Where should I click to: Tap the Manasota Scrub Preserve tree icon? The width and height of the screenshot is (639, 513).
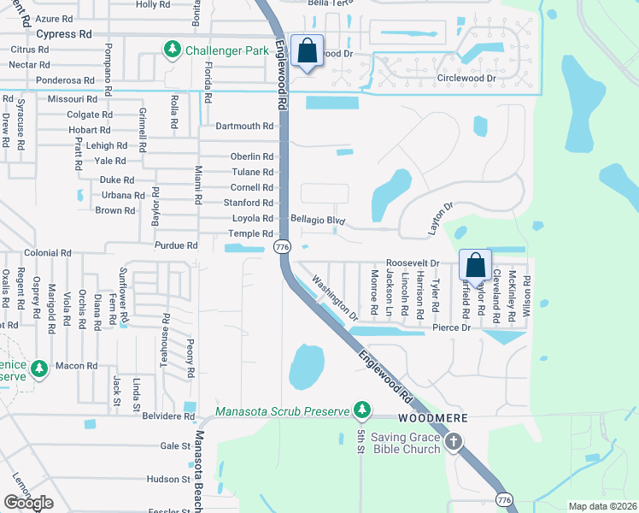click(362, 411)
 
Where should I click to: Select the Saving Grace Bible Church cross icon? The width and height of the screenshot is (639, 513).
click(453, 442)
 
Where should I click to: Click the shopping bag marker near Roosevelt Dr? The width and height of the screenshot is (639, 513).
click(476, 265)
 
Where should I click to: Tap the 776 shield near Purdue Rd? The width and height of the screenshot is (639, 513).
click(280, 246)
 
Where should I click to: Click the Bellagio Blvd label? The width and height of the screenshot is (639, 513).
click(317, 221)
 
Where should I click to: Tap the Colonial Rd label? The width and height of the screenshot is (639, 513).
click(47, 253)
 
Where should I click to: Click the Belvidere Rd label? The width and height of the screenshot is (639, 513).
click(169, 416)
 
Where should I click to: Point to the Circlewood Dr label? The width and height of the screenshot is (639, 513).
click(466, 79)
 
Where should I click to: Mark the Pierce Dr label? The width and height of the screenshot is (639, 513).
click(452, 327)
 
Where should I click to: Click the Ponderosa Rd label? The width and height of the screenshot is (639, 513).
click(65, 80)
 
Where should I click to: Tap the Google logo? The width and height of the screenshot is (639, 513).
click(29, 503)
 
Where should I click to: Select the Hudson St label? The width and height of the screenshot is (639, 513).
click(167, 480)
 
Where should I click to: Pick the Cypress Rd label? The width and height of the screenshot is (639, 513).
click(63, 34)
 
